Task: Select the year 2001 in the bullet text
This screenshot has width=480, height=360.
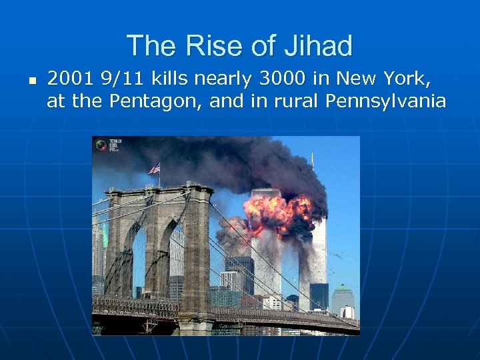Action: point(70,79)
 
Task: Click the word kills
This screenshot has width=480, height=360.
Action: point(169,79)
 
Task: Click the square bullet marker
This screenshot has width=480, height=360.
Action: point(31,80)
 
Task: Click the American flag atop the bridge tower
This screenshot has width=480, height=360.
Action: point(155,168)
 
